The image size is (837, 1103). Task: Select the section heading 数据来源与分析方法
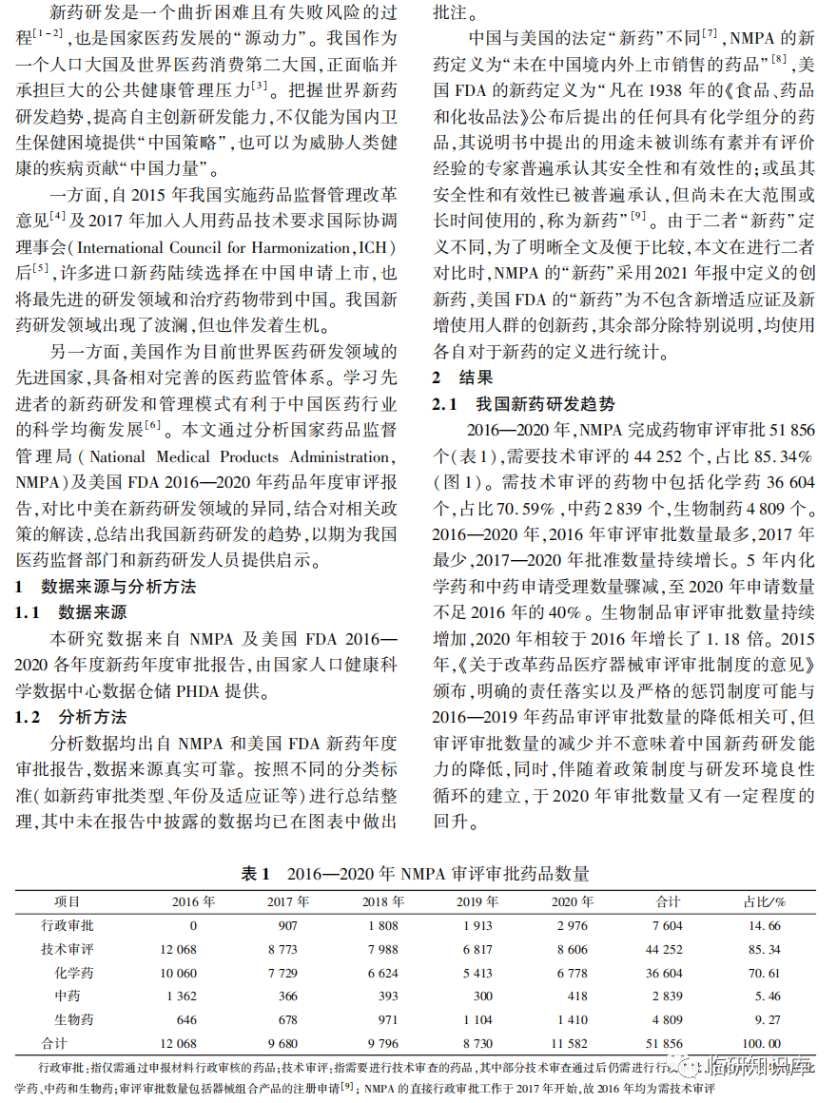(119, 587)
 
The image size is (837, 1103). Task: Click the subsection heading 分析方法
(92, 717)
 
